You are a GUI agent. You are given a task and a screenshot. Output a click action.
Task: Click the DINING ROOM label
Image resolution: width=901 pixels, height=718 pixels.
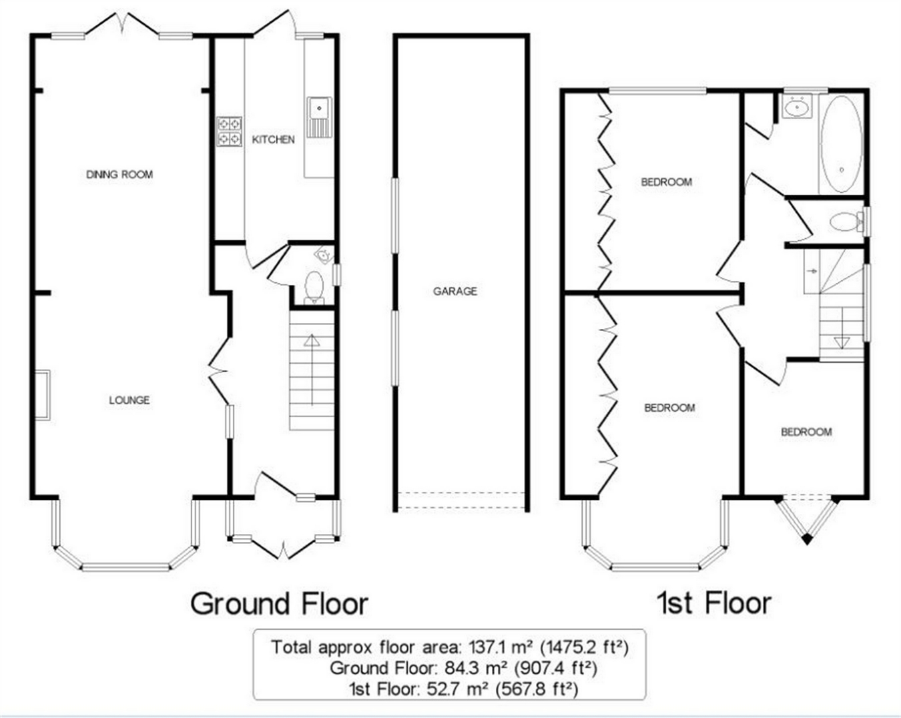coord(119,174)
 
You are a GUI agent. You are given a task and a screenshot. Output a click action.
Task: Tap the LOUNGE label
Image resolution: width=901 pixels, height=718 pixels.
coord(129,400)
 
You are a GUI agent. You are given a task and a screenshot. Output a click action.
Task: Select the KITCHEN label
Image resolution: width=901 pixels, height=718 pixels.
coord(273,139)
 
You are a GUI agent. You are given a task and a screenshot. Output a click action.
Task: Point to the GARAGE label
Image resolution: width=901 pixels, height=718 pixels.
coord(455,291)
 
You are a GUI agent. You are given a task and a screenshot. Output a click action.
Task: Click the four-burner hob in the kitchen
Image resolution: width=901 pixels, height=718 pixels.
coord(230,131)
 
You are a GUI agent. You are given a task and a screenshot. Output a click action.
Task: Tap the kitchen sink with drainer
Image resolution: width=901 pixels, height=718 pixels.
coord(320,117)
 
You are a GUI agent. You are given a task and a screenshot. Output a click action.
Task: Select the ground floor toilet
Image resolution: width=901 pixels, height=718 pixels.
coord(314,287)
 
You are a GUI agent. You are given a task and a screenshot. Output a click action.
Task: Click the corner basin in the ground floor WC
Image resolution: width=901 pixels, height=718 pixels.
coord(325,254)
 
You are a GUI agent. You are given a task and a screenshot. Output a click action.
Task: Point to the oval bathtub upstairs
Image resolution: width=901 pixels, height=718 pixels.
coord(842,144)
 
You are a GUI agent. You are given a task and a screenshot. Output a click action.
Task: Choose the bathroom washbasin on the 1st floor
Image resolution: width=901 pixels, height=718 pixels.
coord(797,106)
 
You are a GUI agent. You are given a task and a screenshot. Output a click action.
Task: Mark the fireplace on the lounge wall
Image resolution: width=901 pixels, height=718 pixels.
coord(42,395)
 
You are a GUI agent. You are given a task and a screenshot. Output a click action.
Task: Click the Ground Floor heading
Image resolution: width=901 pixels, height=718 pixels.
coord(279,604)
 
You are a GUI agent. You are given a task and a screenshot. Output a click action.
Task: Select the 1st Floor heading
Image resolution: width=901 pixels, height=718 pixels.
coord(715,603)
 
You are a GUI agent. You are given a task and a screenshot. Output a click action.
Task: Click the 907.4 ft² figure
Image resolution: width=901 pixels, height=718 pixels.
coord(555,668)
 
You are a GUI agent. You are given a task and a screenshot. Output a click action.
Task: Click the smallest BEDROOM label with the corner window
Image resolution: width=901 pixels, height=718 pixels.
coord(806,432)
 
